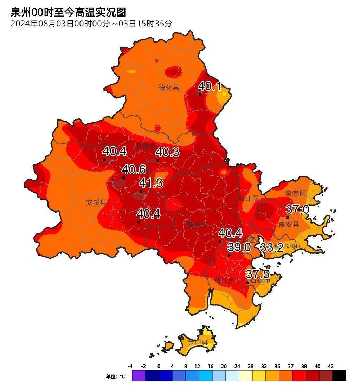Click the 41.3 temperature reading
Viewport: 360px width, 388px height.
point(151,183)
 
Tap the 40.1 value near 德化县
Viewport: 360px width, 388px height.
point(210,86)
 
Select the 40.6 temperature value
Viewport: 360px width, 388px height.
point(134,169)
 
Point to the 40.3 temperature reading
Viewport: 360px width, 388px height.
point(167,152)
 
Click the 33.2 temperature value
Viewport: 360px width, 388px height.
point(272,247)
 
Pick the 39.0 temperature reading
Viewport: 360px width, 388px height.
point(239,247)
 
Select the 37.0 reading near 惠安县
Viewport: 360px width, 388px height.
point(297,210)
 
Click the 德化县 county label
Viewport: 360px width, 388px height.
point(169,88)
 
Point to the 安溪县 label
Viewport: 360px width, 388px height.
point(96,202)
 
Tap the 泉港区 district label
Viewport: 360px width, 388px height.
point(295,194)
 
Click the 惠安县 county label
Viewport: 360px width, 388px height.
point(289,224)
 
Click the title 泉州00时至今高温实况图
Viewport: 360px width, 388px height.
point(68,13)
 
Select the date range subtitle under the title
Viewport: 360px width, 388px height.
point(91,24)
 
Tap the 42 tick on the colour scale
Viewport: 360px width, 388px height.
point(330,366)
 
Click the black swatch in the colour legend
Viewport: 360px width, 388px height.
point(339,376)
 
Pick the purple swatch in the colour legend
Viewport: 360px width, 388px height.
point(139,376)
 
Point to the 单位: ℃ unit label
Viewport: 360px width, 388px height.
point(115,376)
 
